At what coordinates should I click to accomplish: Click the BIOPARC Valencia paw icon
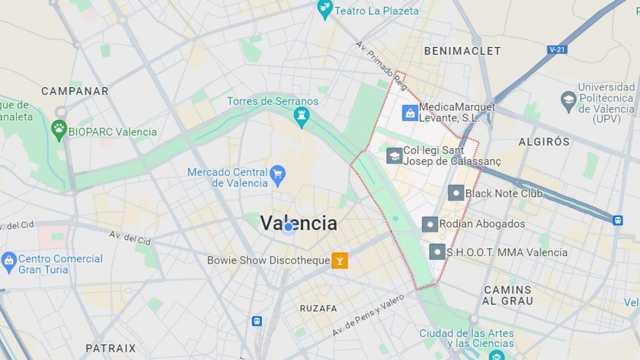[59, 129]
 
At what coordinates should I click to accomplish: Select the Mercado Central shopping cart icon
[278, 172]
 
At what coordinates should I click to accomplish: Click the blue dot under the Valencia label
[288, 227]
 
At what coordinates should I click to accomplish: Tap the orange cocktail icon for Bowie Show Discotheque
[340, 260]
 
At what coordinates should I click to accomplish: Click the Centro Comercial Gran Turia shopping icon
[9, 261]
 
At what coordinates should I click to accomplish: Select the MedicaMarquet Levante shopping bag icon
[409, 113]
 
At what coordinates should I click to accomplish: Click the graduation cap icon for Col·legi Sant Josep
[394, 156]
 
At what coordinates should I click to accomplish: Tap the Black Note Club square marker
[456, 193]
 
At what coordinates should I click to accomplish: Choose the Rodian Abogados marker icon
[430, 224]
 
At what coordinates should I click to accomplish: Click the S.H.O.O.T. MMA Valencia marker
[437, 252]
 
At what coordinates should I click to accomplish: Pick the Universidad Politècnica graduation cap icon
[568, 99]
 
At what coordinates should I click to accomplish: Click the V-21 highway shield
[557, 49]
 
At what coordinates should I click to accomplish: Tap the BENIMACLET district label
[462, 51]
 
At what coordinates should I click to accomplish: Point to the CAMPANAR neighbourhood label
[75, 91]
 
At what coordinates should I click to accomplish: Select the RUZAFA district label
[318, 308]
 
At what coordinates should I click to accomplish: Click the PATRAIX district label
[111, 348]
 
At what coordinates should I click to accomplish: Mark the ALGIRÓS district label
[544, 142]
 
